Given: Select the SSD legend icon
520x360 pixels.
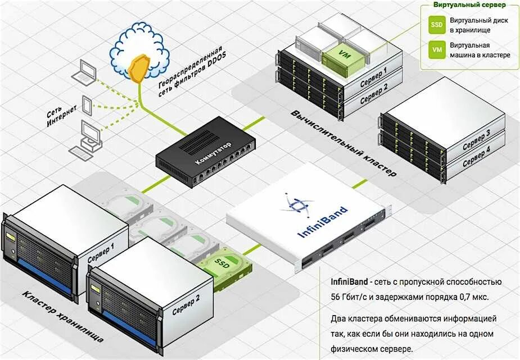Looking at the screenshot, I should coord(436,24).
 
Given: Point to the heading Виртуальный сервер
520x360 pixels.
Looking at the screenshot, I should coord(469,4).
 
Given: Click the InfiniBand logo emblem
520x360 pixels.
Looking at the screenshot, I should coord(296,205).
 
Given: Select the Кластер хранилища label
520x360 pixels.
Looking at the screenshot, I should coord(62,318).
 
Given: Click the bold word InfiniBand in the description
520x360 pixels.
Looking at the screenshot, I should coord(350,281).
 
